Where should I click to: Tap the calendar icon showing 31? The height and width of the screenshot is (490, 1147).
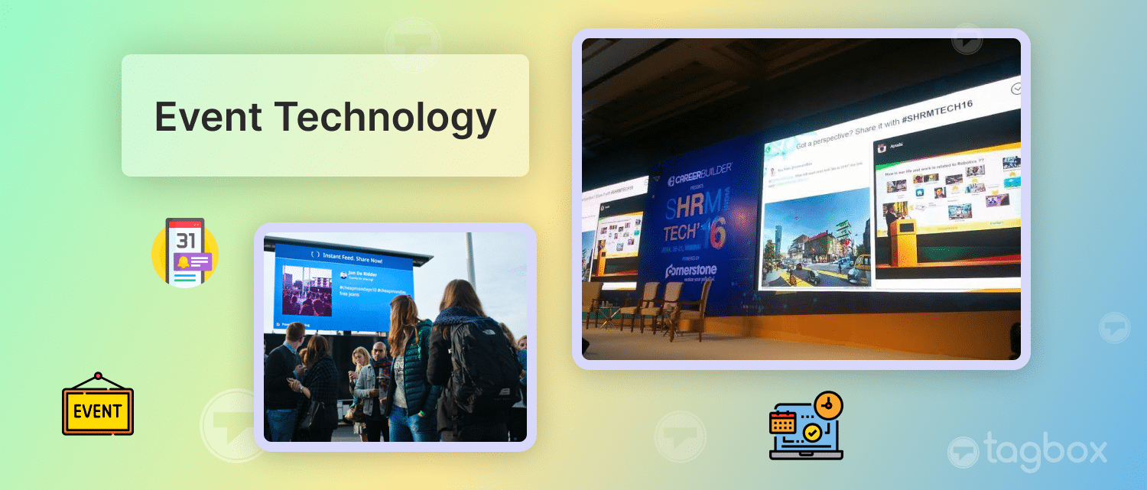tap(185, 252)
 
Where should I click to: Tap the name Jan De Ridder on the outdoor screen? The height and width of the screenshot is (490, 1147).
tap(363, 273)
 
